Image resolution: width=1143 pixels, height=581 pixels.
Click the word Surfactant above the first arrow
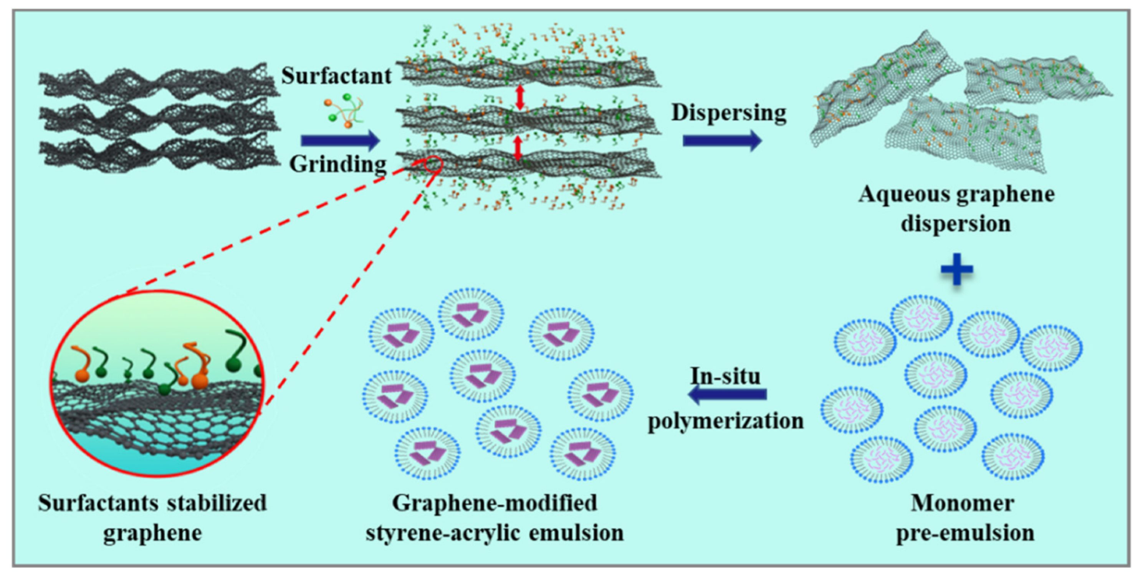[x=336, y=76]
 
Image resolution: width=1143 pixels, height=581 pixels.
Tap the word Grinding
[x=338, y=164]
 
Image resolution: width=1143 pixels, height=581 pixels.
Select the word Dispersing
[x=729, y=113]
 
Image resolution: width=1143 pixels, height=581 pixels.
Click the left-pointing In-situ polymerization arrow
[x=728, y=394]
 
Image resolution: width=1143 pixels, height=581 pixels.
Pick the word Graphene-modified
[x=495, y=504]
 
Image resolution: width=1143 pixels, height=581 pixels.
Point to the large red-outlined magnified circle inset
[x=158, y=383]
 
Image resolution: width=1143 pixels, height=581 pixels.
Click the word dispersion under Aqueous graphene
[x=956, y=223]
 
